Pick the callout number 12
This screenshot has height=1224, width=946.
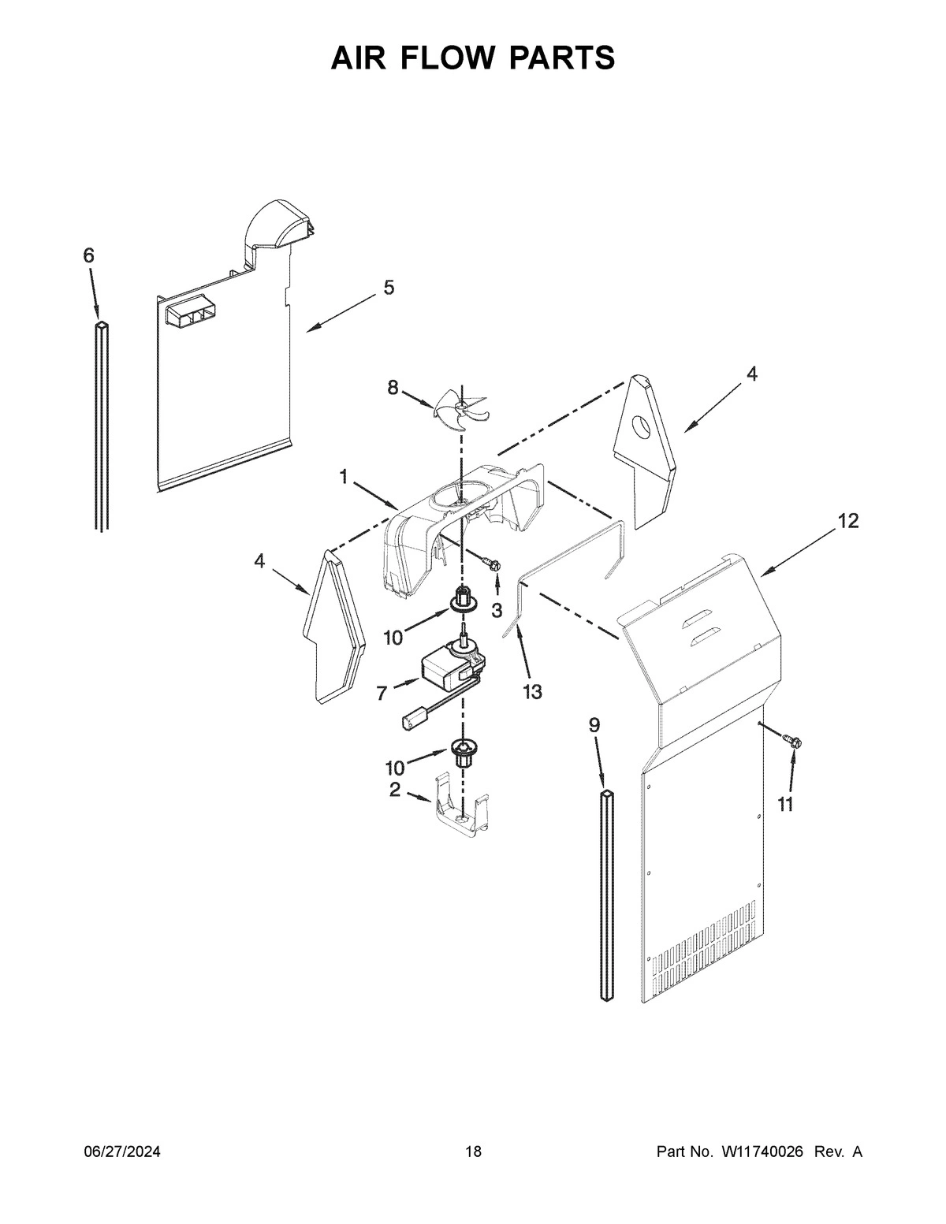coord(847,521)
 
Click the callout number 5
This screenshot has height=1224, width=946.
coord(389,288)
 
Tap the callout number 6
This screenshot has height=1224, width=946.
coord(88,255)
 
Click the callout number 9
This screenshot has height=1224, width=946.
coord(594,725)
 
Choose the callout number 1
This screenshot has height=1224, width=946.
coord(344,476)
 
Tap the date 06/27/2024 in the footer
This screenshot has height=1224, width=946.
coord(122,1152)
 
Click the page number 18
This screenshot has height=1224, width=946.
coord(473,1152)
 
